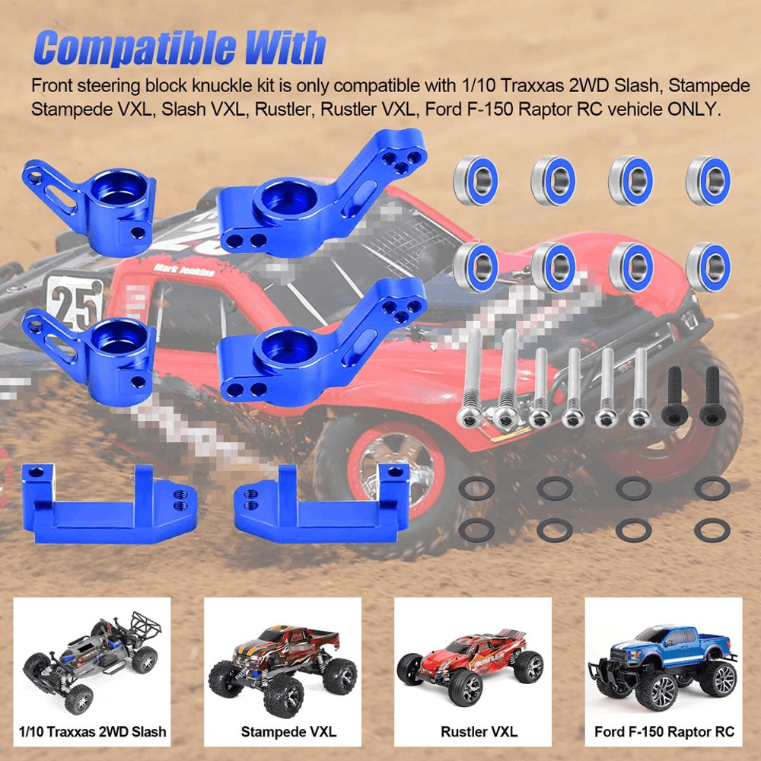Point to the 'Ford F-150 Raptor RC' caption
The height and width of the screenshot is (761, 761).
[x=664, y=732]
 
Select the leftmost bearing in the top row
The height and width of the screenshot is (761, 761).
[x=474, y=180]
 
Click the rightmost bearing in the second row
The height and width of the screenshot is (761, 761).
[x=708, y=266]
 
